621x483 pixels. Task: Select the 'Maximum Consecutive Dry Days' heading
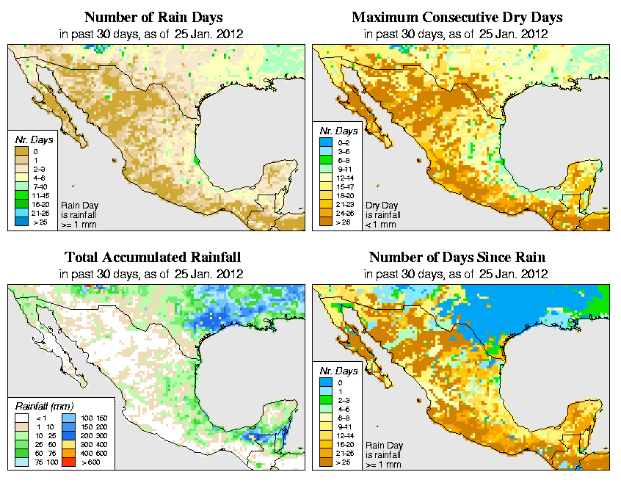[457, 16]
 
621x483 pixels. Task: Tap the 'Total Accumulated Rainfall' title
[153, 257]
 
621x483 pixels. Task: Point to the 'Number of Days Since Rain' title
[457, 257]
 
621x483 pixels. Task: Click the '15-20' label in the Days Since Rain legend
[345, 443]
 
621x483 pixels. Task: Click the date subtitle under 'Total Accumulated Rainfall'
[153, 274]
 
